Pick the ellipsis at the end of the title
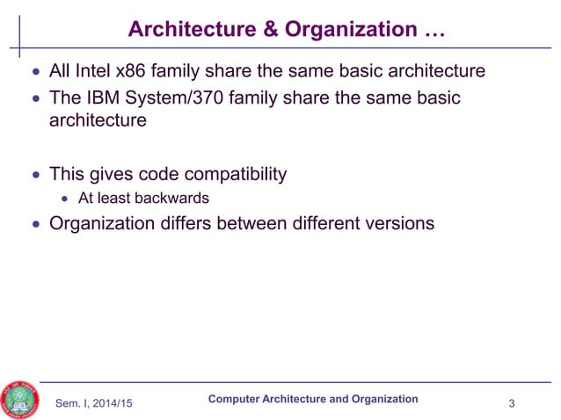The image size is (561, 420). pos(431,30)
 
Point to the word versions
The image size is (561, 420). pos(396,223)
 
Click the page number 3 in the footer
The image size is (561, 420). pos(512,403)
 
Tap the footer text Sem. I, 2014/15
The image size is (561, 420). pos(98,403)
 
